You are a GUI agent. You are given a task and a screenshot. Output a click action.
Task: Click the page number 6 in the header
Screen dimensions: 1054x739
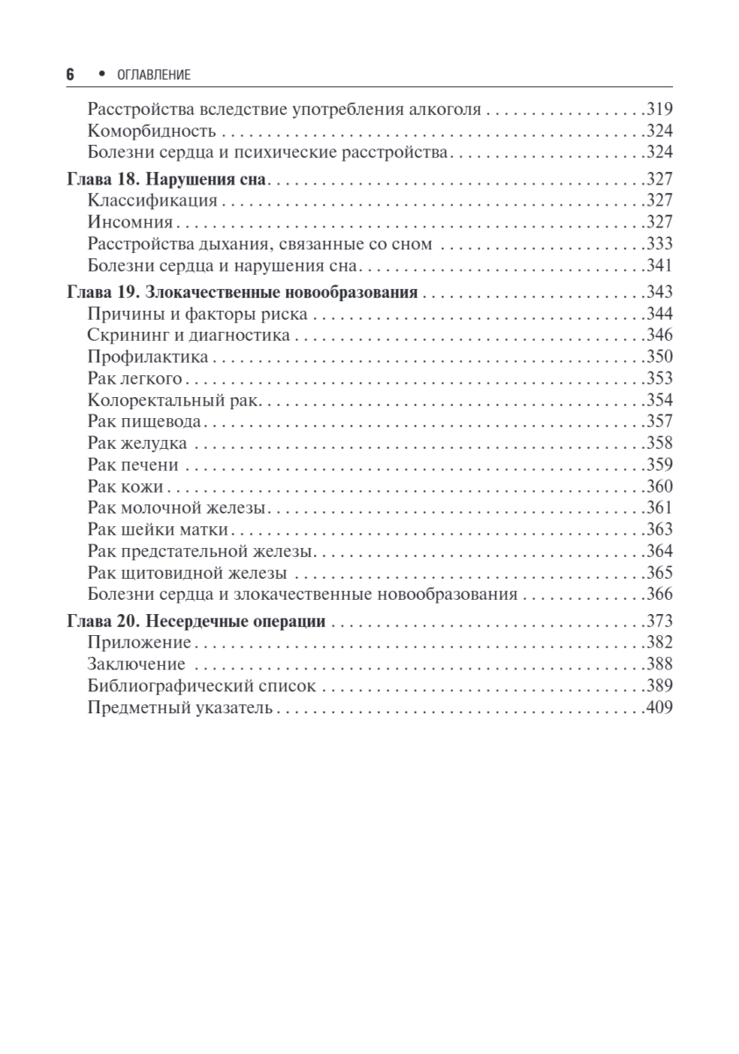coord(70,76)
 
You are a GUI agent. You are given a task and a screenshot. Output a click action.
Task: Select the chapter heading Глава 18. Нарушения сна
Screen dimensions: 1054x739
coord(167,179)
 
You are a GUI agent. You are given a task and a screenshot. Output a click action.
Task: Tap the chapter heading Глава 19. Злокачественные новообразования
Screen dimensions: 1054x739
coord(242,292)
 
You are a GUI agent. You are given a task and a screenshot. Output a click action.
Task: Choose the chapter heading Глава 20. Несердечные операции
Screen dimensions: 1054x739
coord(197,622)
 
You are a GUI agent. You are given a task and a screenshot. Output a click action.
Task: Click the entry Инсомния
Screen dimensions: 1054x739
coord(131,222)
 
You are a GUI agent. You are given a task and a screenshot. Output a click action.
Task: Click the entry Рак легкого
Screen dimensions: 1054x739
coord(134,379)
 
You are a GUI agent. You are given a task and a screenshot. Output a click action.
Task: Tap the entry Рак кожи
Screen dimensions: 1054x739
coord(126,487)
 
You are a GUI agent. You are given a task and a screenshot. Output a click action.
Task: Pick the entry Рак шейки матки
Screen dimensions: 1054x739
coord(159,530)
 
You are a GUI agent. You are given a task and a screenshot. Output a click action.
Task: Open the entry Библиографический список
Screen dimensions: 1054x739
coord(201,686)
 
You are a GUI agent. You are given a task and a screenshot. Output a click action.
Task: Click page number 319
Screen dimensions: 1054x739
coord(658,111)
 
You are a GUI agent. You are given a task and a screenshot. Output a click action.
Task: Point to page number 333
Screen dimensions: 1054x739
coord(658,244)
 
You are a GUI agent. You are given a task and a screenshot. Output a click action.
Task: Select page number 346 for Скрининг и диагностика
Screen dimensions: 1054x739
coord(658,335)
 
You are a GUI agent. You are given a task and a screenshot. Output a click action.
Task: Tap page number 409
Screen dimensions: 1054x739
coord(658,708)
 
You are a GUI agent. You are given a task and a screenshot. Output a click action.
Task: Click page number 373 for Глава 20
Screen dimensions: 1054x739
coord(658,622)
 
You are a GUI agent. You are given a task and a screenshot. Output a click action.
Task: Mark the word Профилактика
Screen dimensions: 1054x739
coord(148,357)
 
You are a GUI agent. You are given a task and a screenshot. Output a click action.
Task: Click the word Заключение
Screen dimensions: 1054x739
coord(137,665)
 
